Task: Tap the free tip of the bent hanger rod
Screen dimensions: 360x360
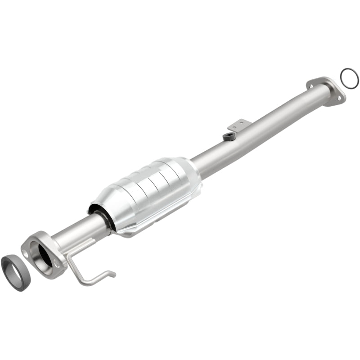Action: pos(113,273)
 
